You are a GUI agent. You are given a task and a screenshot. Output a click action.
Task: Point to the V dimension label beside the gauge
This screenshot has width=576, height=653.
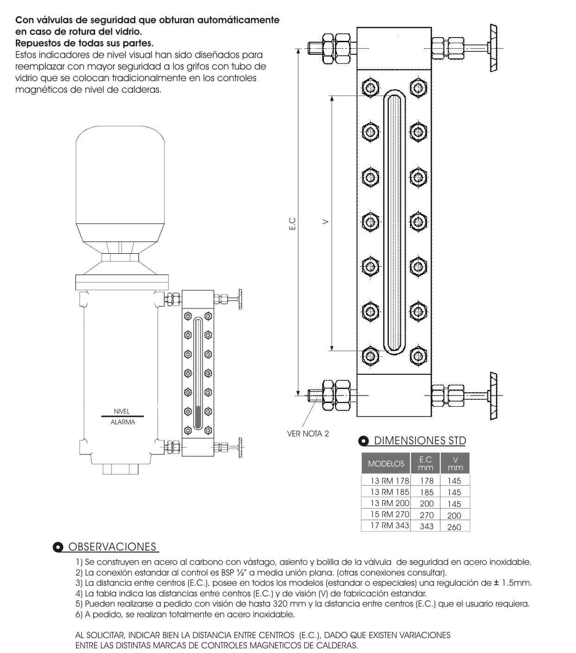tap(326, 222)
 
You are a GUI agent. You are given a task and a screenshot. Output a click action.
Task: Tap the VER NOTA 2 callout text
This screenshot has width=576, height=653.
tap(308, 434)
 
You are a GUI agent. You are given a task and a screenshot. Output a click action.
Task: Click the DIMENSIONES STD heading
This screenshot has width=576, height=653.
tap(419, 441)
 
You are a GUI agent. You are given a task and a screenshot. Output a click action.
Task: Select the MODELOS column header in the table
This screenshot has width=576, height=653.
tap(386, 463)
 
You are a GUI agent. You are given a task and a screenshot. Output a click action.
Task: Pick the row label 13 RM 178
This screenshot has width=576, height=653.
tap(389, 481)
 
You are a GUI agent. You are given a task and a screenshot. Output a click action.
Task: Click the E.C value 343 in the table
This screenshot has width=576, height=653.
tap(426, 526)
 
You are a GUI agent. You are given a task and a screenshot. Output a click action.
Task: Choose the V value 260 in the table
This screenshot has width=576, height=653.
tap(454, 526)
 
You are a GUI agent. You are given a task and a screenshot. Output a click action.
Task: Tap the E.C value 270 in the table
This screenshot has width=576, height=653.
tap(426, 515)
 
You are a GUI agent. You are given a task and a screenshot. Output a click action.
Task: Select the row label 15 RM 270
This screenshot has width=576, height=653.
tap(389, 514)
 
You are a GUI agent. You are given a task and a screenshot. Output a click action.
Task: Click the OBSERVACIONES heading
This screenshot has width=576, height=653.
tap(112, 547)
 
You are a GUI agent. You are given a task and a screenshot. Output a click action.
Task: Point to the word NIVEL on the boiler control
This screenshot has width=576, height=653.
tap(122, 411)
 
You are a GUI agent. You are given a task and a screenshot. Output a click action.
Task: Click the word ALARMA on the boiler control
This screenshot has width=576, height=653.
tap(123, 423)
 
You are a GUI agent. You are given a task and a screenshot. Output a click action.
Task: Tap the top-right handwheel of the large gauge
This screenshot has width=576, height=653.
tap(494, 47)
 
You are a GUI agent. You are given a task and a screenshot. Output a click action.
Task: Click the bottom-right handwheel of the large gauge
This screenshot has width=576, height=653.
tap(494, 396)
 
